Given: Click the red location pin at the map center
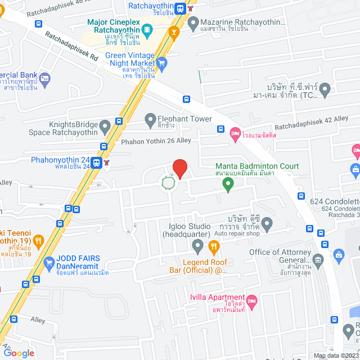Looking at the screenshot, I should click(x=179, y=168).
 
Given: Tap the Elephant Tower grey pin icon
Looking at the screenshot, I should click(x=150, y=119).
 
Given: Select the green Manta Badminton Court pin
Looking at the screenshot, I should click(x=228, y=184).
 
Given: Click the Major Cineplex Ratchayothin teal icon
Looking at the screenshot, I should click(x=147, y=29).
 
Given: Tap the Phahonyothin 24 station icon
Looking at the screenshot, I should click(x=97, y=163).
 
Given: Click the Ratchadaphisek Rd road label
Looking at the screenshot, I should click(x=71, y=49).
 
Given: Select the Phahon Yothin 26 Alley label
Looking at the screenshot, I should click(x=156, y=141).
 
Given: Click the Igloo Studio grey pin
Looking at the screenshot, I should click(x=197, y=246).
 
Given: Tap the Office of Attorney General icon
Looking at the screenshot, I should click(x=318, y=259).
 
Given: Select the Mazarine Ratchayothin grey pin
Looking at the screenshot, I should click(x=193, y=23).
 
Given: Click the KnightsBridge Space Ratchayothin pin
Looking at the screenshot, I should click(x=105, y=127).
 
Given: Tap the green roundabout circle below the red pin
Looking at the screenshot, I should click(x=168, y=183).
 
